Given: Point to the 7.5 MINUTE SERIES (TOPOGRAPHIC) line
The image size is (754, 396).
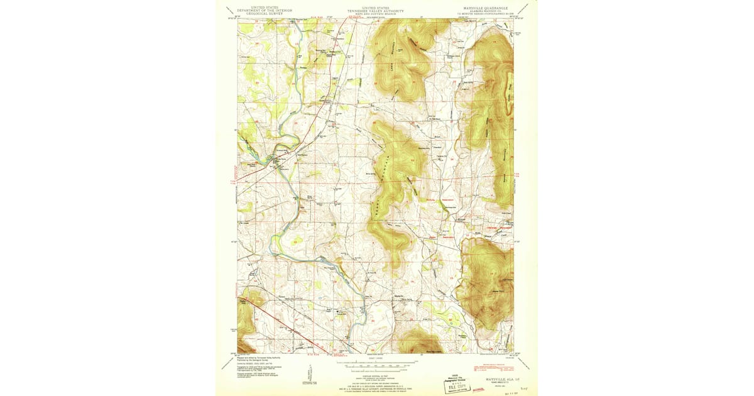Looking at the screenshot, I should [x=485, y=14].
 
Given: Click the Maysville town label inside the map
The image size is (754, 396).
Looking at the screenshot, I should [x=398, y=296].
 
